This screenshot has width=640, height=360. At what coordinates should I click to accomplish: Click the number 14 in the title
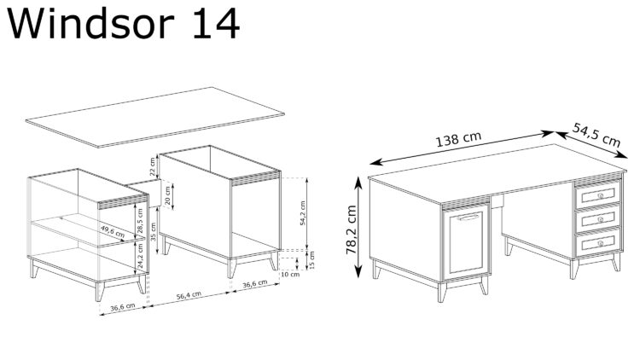click(x=210, y=25)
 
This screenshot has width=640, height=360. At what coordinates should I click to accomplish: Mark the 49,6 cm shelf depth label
click(x=113, y=230)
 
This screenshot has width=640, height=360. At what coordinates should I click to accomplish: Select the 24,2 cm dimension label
click(x=141, y=255)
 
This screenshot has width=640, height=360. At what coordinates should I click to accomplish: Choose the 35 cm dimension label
click(x=154, y=232)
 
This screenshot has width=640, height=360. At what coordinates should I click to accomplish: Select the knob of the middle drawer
click(x=600, y=220)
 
